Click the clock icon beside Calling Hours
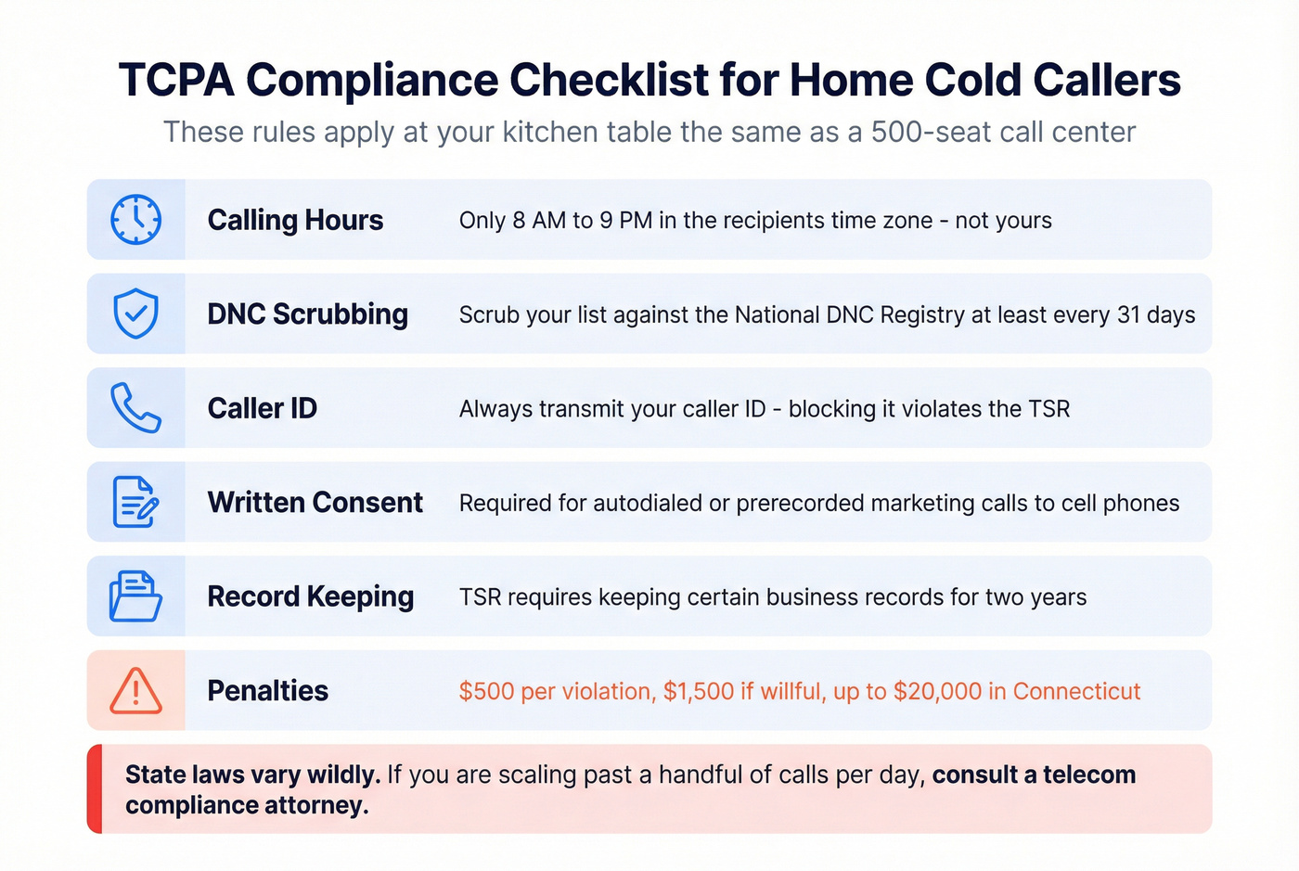click(x=135, y=220)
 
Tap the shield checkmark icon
click(x=135, y=314)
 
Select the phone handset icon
click(x=135, y=408)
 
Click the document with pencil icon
click(x=135, y=502)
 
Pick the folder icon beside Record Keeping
click(x=135, y=596)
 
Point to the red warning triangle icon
click(x=135, y=691)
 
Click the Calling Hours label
click(x=295, y=220)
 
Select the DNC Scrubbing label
click(x=307, y=314)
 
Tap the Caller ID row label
click(x=262, y=408)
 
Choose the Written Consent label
click(x=315, y=502)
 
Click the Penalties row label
click(x=267, y=691)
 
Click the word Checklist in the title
click(x=609, y=80)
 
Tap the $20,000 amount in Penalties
click(x=937, y=691)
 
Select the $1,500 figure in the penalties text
click(x=698, y=691)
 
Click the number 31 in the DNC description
click(x=1128, y=314)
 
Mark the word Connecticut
click(x=1076, y=691)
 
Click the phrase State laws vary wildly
click(x=252, y=775)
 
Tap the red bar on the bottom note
click(x=94, y=788)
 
